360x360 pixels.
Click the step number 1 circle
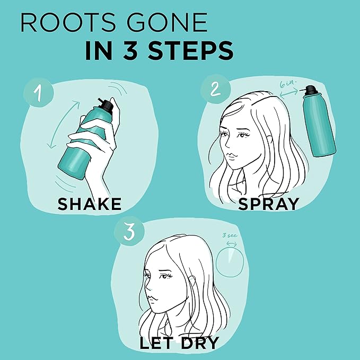[38, 94]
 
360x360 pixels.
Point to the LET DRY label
[179, 342]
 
